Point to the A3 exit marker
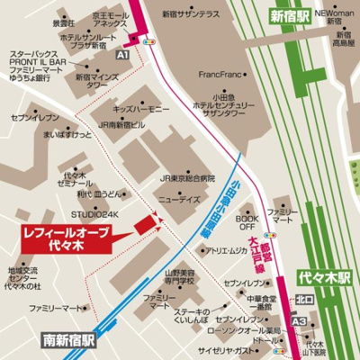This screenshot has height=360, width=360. coord(299,320)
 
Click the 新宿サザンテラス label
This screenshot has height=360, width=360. coord(192,16)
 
